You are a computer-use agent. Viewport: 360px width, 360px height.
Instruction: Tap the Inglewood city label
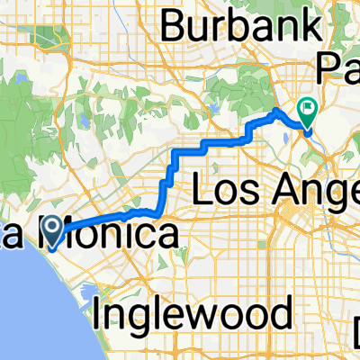[x=193, y=315]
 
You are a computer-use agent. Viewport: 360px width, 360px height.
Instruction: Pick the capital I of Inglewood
[x=98, y=315]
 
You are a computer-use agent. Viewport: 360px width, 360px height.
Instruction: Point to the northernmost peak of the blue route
[x=275, y=110]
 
